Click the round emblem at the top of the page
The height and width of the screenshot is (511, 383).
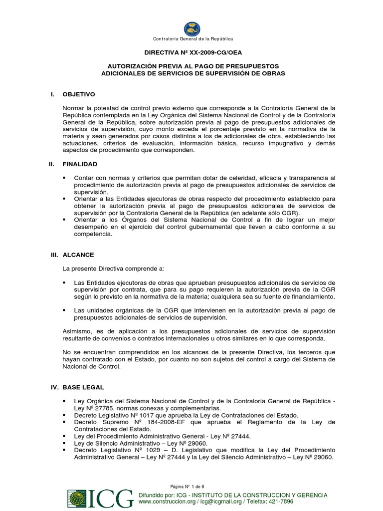click(x=191, y=28)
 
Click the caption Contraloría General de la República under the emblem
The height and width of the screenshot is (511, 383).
click(x=191, y=39)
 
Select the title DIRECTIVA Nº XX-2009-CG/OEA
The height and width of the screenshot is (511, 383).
click(x=191, y=51)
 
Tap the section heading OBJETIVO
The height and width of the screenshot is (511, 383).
click(x=79, y=94)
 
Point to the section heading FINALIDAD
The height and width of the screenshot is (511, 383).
click(x=80, y=164)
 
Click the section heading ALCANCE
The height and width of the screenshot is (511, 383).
click(x=78, y=255)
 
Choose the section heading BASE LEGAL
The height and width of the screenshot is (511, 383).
click(x=83, y=387)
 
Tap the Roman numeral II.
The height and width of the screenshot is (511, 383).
click(x=54, y=164)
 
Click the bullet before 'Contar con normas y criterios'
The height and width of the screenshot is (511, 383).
click(x=64, y=178)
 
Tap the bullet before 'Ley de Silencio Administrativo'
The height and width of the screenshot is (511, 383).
click(x=64, y=443)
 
